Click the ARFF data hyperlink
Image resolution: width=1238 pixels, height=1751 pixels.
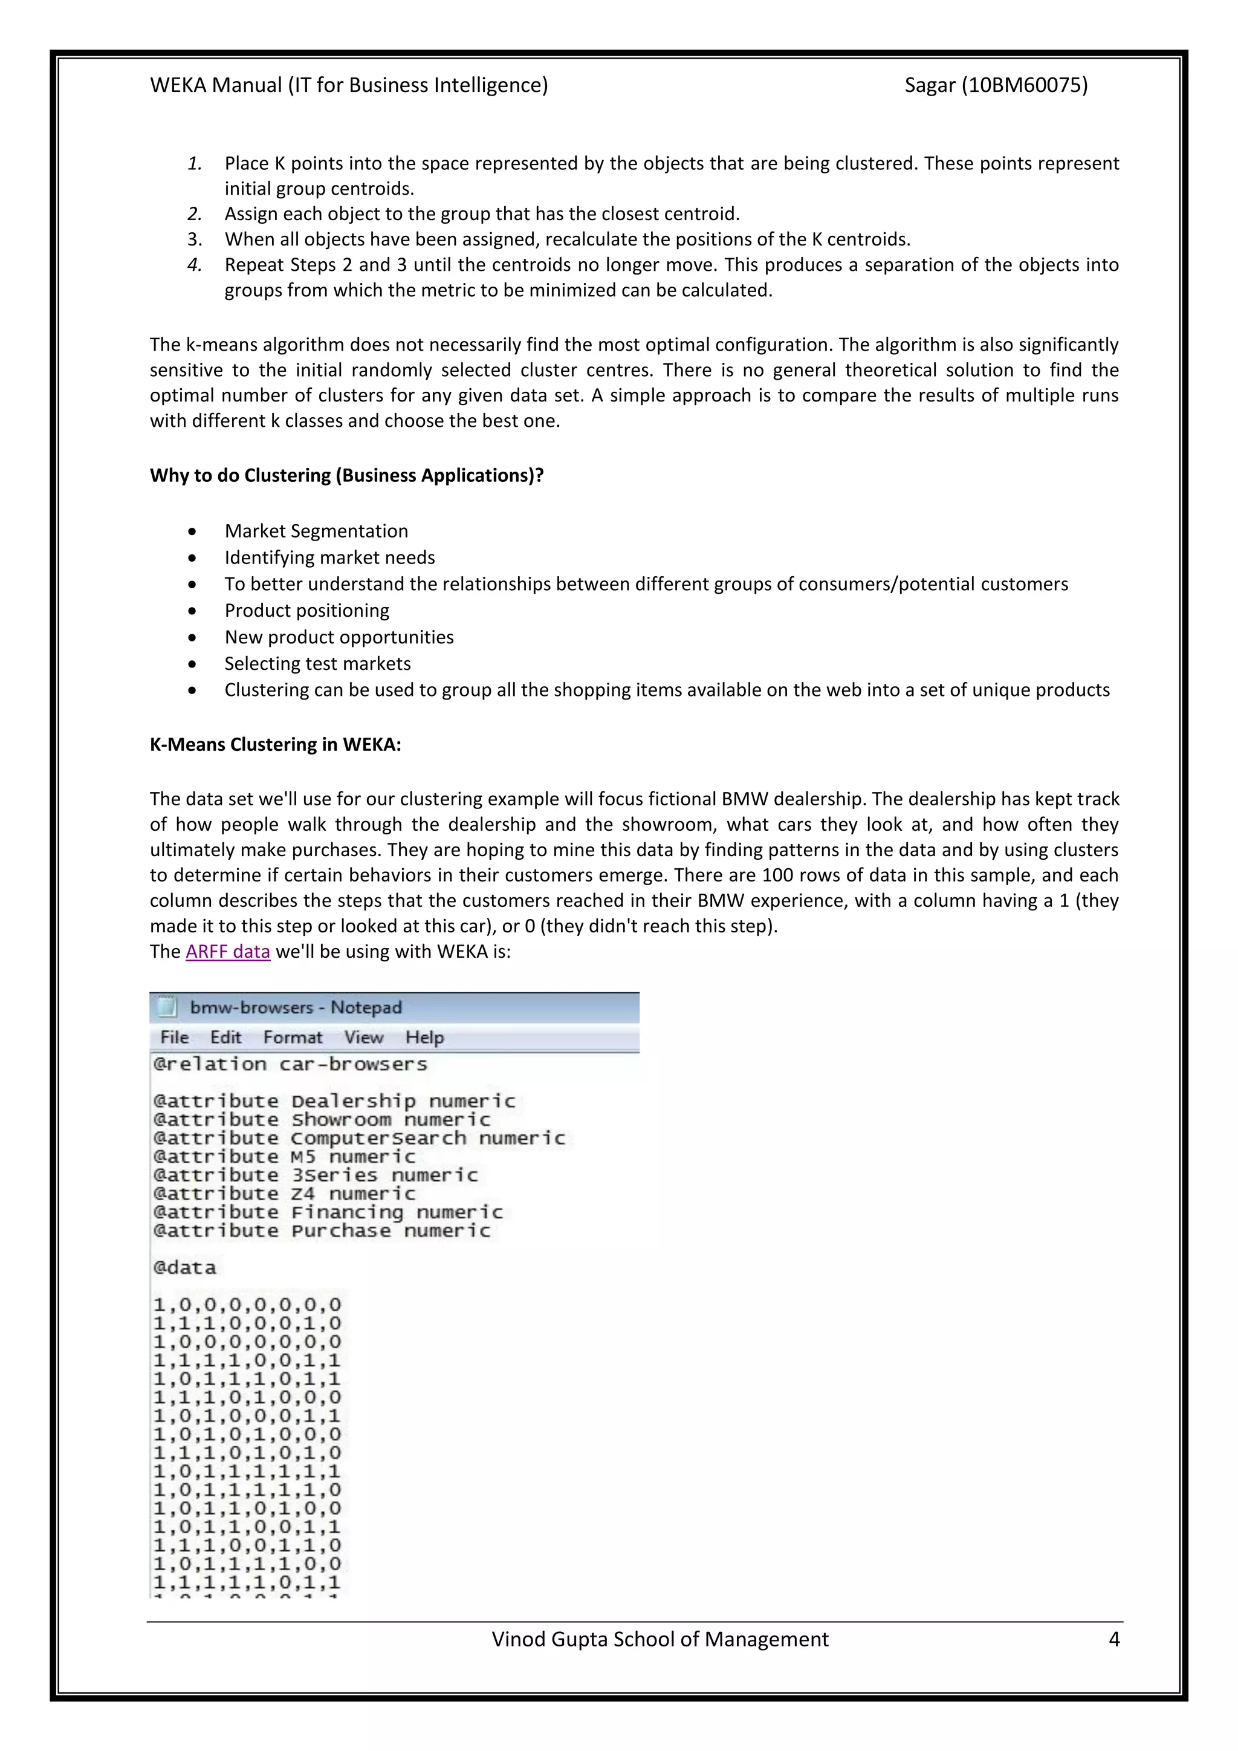pos(227,952)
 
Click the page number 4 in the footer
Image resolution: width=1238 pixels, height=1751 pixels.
pos(1113,1640)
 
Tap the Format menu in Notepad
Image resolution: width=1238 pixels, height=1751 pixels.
pos(293,1037)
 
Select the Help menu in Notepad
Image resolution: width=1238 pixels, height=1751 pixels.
pos(424,1037)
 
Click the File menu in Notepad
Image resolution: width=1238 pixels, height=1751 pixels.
pos(175,1037)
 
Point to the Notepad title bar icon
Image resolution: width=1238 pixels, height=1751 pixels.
pos(167,1007)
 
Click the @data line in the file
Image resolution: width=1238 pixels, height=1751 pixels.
pos(184,1267)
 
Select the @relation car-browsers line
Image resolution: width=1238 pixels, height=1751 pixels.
pos(290,1064)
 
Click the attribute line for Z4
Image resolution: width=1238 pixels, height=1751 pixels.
pos(284,1194)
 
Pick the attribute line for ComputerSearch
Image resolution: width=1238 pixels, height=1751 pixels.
pos(358,1138)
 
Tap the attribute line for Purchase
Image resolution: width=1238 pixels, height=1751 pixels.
pos(321,1231)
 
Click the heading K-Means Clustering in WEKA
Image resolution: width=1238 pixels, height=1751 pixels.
pos(275,744)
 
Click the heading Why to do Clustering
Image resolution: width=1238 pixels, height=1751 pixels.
pos(346,475)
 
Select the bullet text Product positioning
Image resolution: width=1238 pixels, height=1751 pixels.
pos(306,610)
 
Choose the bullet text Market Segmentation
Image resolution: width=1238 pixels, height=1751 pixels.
pos(316,531)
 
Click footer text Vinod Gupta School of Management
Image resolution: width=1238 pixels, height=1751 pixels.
pos(660,1640)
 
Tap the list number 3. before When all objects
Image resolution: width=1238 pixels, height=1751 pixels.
pos(195,239)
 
